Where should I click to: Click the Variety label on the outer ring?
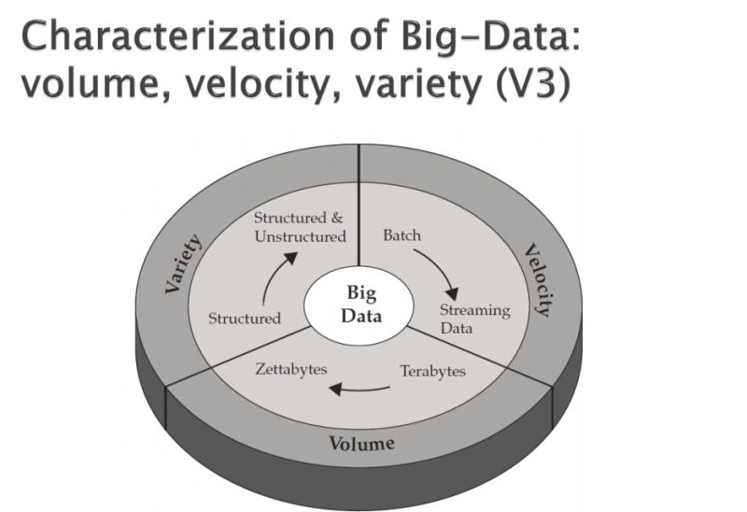[182, 263]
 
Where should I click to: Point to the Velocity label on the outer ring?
[540, 280]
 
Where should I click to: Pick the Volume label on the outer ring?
[361, 443]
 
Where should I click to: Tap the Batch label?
[402, 235]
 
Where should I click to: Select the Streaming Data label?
[475, 319]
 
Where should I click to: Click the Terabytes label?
[432, 371]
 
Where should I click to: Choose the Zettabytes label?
[291, 369]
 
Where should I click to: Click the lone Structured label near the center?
[245, 318]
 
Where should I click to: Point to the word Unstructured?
[300, 236]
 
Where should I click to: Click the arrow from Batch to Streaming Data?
[442, 268]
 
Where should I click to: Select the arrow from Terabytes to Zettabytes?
[359, 390]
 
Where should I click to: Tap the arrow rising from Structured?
[273, 276]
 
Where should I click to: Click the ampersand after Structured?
[337, 218]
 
